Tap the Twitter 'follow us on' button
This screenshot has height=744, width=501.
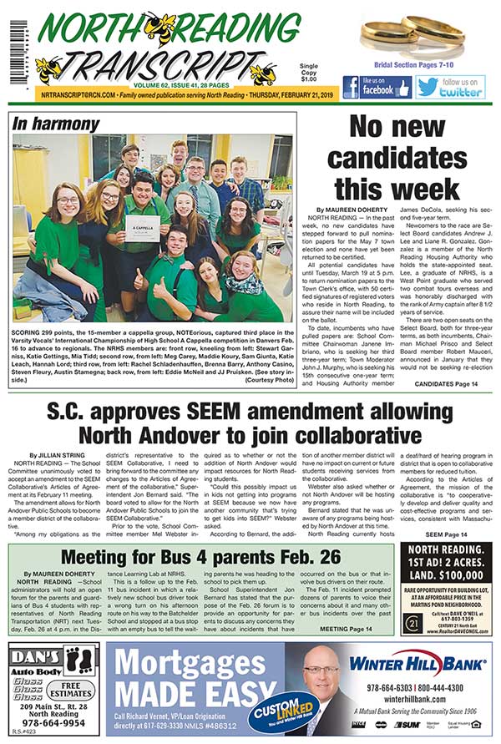tap(450, 87)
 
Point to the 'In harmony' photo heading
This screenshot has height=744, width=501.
tap(56, 124)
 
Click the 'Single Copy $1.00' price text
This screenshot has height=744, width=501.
tap(308, 73)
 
